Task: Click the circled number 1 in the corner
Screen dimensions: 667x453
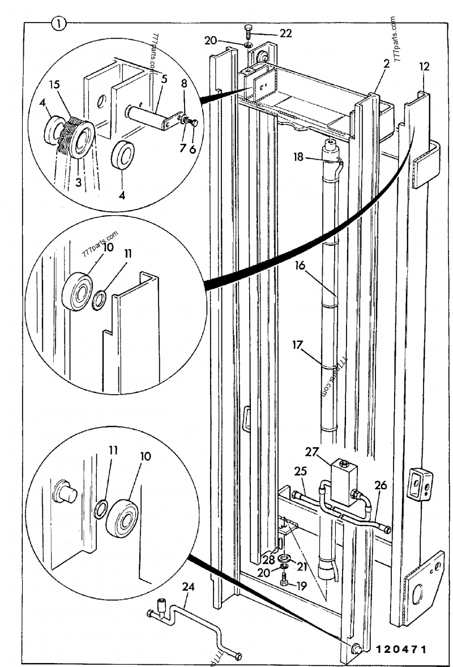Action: click(x=58, y=23)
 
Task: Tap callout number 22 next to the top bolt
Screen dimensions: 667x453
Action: click(x=285, y=33)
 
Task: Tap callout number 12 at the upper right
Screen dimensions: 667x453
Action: click(x=425, y=66)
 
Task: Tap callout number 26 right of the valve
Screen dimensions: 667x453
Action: click(x=381, y=485)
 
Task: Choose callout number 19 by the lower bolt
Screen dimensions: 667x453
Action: click(x=301, y=586)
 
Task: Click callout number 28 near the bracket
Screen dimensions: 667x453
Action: click(x=268, y=561)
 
